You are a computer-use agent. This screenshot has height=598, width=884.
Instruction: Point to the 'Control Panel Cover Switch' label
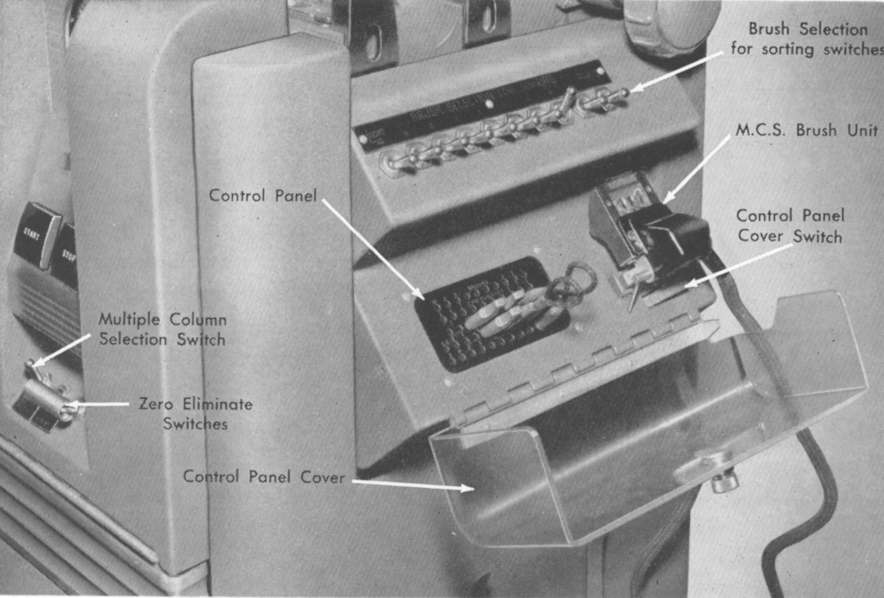(790, 226)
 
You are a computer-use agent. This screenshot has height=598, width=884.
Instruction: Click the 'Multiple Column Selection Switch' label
(162, 329)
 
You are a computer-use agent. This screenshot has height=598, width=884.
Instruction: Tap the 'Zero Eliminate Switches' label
(195, 413)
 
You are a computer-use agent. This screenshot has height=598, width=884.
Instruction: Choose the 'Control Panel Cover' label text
(264, 477)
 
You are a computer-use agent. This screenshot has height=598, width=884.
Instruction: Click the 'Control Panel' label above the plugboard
(263, 195)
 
